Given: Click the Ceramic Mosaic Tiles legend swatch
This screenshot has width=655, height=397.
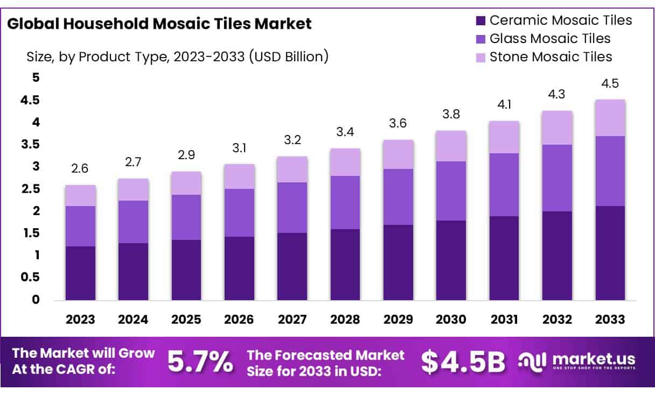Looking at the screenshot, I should [x=480, y=21].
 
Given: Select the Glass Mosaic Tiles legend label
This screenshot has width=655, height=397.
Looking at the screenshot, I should [x=550, y=39].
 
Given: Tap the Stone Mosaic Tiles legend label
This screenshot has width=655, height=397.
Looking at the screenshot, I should [x=551, y=56].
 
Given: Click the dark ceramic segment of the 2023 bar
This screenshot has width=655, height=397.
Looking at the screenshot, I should [x=80, y=273].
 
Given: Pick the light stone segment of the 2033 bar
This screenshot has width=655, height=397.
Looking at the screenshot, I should [x=610, y=118].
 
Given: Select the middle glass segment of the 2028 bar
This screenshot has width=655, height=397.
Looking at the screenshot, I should [x=345, y=202].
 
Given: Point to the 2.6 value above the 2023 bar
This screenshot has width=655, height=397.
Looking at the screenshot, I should [x=80, y=169].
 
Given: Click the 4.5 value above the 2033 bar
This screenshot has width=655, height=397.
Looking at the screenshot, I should [x=610, y=84].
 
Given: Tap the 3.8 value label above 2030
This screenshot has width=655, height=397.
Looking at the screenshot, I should [x=451, y=115].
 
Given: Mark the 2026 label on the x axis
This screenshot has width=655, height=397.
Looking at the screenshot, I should [x=239, y=319].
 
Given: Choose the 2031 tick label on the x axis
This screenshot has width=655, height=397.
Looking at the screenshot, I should [x=504, y=319].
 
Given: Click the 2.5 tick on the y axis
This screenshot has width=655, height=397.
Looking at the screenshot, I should [x=32, y=189].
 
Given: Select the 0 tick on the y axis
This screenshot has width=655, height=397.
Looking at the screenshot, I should [x=36, y=300].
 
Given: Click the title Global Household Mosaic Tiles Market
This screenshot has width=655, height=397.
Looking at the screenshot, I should [x=159, y=24].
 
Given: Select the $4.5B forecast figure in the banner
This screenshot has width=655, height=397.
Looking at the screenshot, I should [x=463, y=362].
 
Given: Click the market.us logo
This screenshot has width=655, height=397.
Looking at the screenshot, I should [x=577, y=361].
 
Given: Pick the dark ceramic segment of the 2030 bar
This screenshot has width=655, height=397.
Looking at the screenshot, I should [x=451, y=260].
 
